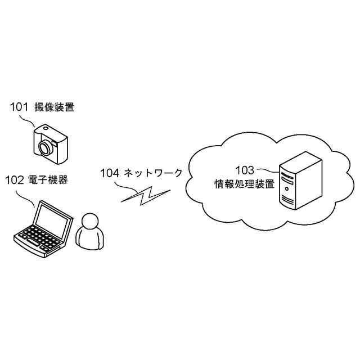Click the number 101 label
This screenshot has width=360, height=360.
tap(19, 107)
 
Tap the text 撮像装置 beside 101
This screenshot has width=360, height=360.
tap(55, 107)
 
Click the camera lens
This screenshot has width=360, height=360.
tap(45, 147)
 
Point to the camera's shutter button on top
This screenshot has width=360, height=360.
tap(46, 128)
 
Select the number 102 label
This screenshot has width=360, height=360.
tap(15, 180)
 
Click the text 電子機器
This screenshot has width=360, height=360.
tap(48, 180)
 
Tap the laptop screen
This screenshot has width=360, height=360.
tap(53, 220)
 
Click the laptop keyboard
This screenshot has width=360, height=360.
tap(39, 238)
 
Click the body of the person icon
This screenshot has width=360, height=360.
tap(90, 238)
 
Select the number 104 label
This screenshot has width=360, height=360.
tap(110, 173)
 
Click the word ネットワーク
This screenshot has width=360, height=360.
tap(153, 173)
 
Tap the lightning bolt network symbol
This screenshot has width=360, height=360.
tap(145, 196)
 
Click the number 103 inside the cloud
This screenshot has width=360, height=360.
tap(245, 170)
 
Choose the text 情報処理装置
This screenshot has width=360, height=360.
tap(245, 184)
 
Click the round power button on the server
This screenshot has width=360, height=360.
tap(286, 189)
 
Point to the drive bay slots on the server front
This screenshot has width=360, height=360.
tap(287, 178)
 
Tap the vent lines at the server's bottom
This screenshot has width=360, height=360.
tap(287, 200)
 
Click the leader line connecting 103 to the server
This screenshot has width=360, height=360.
tap(268, 170)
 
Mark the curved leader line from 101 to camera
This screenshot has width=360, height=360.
tap(27, 120)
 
